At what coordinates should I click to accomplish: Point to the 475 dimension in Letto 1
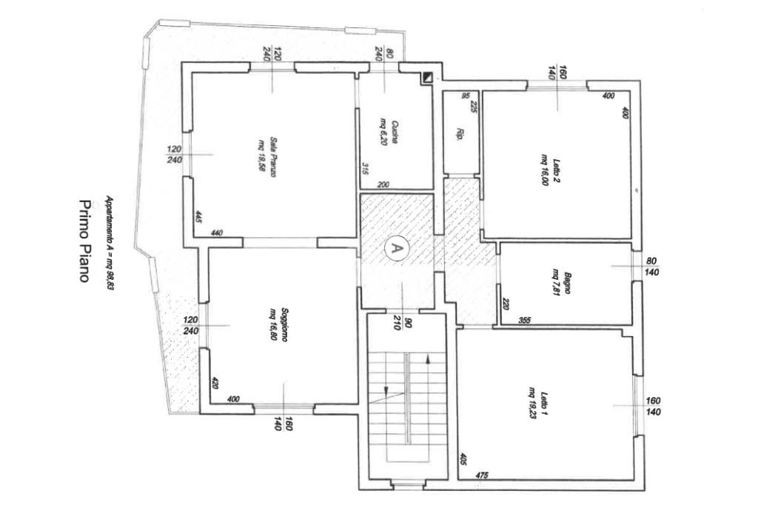point(483,475)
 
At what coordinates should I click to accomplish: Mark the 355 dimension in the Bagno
point(523,320)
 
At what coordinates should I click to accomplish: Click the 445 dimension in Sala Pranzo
point(199,216)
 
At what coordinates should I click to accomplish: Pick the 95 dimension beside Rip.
point(466,96)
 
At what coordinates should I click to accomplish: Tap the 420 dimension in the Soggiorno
point(215,383)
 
